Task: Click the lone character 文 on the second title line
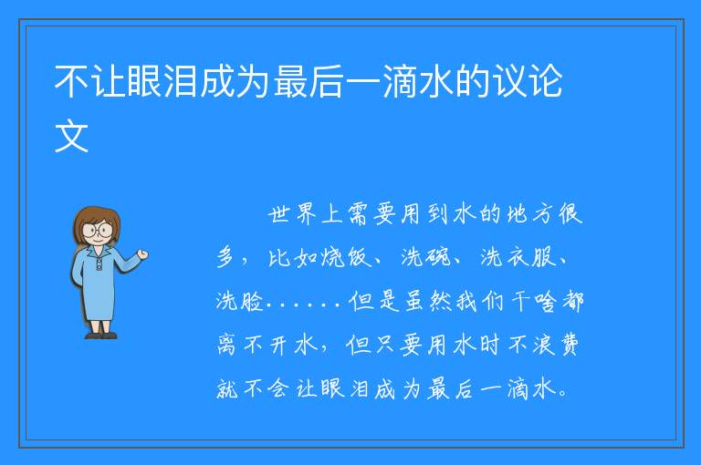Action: click(71, 136)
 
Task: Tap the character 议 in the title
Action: click(508, 81)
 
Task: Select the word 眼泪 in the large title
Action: click(162, 81)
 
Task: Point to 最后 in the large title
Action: click(309, 81)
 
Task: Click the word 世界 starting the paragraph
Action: click(292, 214)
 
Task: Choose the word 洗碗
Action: click(425, 257)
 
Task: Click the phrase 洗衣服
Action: click(518, 257)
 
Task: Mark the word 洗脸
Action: click(240, 300)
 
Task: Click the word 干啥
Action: click(534, 301)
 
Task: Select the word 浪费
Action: click(556, 345)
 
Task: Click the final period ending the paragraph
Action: click(563, 394)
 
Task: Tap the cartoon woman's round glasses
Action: click(97, 231)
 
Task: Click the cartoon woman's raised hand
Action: click(142, 254)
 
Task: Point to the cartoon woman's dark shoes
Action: click(101, 335)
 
